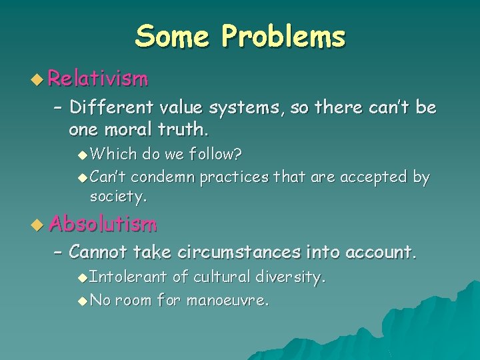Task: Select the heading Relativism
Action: (x=98, y=80)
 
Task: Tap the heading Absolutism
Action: (x=103, y=224)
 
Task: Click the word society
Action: (x=118, y=197)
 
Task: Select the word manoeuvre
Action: (x=227, y=300)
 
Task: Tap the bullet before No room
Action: (x=82, y=301)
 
